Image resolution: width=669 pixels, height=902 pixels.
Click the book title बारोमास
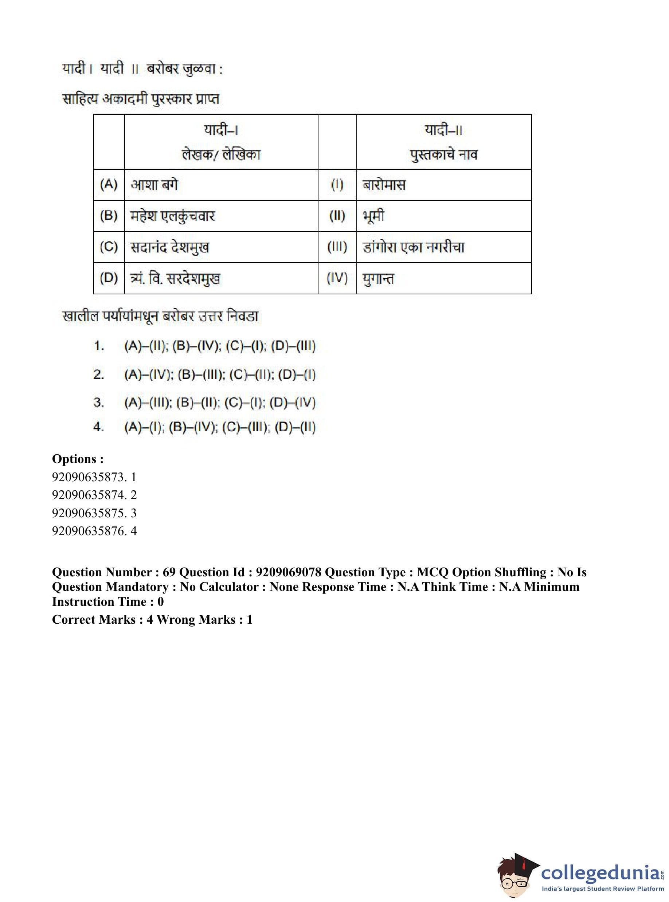[384, 185]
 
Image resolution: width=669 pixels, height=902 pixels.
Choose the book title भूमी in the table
[373, 216]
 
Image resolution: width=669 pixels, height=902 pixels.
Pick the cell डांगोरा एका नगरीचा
[414, 247]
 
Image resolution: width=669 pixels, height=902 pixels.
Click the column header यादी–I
[221, 130]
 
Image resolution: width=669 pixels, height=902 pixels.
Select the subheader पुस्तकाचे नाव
[443, 154]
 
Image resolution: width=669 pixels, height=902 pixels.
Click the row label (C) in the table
[109, 247]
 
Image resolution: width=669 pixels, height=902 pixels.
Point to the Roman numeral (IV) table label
[337, 278]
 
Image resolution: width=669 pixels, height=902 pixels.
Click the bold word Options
[77, 459]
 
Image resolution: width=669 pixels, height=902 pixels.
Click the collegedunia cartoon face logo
[517, 876]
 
